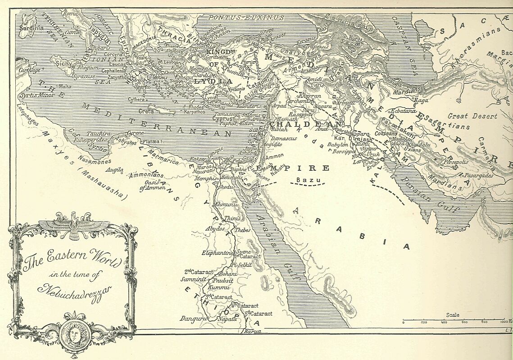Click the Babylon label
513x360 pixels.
coord(338,145)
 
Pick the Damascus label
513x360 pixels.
coord(284,138)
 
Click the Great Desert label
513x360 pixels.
coord(472,116)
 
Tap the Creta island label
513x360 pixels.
coord(146,111)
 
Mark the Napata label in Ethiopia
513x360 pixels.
coord(227,319)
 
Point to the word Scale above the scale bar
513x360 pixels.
coord(453,315)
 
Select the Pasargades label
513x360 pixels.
coord(476,176)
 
